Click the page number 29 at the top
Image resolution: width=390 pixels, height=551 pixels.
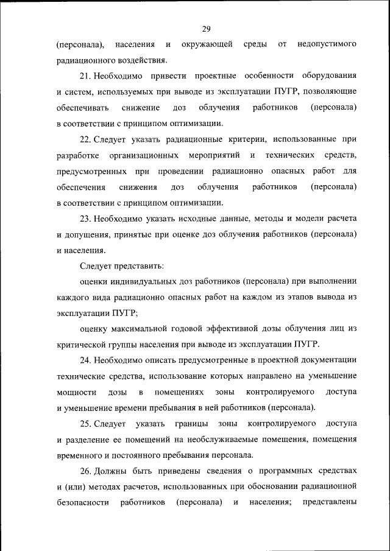point(207,28)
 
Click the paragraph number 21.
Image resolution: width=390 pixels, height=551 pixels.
point(85,75)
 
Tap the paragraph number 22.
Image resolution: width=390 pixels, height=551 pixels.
point(85,139)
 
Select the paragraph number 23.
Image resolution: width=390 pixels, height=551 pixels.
point(85,218)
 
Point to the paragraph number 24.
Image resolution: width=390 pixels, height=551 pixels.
point(85,359)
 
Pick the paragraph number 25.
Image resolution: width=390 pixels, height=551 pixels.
point(85,423)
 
